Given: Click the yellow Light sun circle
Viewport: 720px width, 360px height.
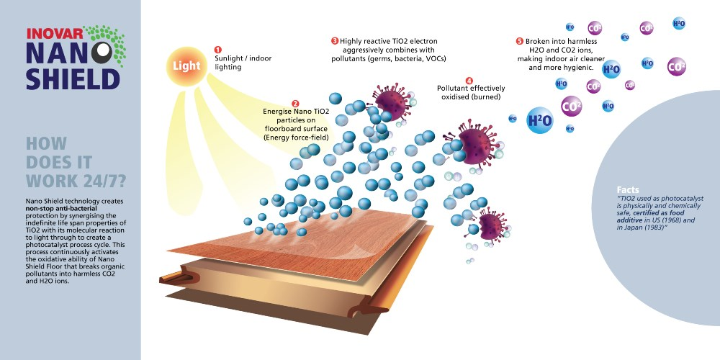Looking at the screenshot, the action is [x=186, y=66].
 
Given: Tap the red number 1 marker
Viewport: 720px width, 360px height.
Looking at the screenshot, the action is [x=217, y=49].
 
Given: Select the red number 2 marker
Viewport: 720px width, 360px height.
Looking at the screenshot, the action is [x=295, y=103].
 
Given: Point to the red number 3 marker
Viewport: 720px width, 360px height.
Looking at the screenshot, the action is [x=335, y=41].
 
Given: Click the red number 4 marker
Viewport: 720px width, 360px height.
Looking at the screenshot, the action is [x=469, y=81].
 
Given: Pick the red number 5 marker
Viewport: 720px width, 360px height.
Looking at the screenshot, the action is [x=520, y=41].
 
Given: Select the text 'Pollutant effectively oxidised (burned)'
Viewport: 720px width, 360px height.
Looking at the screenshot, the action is [x=471, y=93].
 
